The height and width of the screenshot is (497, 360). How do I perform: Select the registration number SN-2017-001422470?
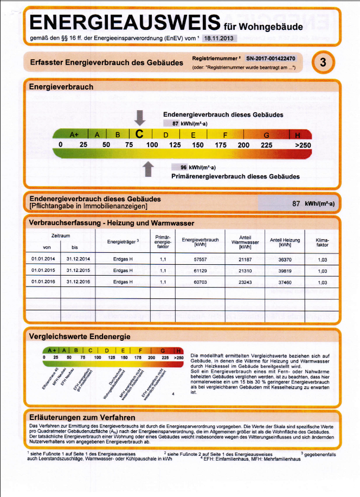point(271,58)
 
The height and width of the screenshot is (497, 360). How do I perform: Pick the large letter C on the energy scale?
point(140,133)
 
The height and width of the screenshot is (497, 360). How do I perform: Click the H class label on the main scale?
point(297,135)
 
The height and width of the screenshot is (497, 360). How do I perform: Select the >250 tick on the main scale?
point(303,145)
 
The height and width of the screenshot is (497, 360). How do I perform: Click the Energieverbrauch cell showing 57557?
point(200,260)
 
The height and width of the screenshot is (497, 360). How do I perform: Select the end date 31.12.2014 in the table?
point(78,260)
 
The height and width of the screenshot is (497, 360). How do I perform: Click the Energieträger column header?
point(124,241)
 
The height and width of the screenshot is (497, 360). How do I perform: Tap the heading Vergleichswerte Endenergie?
point(72,336)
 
